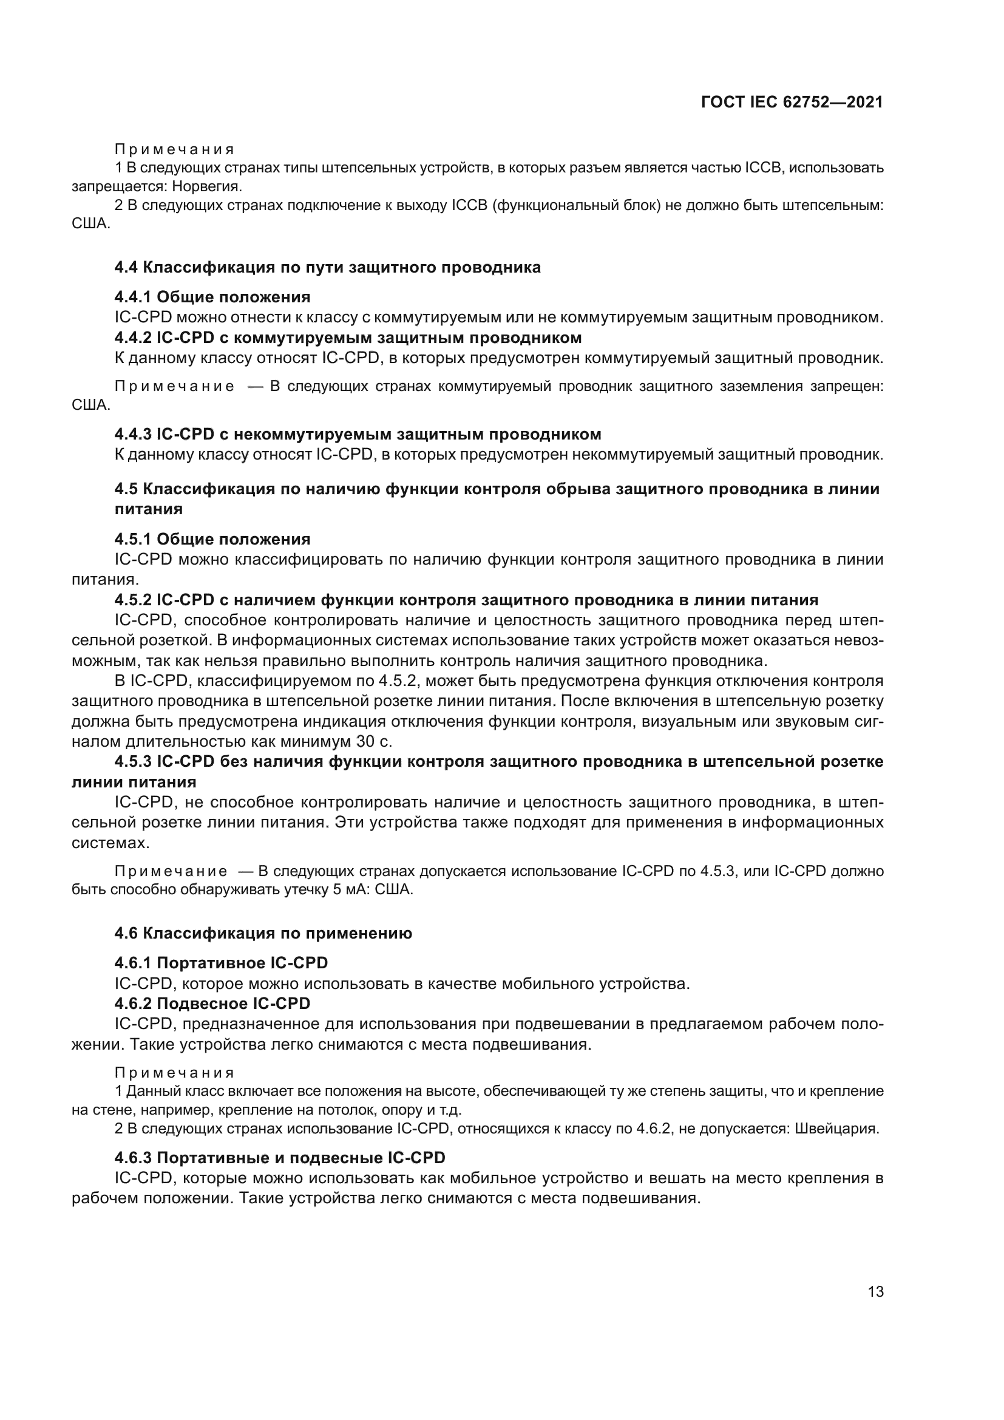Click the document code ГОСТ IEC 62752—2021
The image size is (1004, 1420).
pyautogui.click(x=792, y=102)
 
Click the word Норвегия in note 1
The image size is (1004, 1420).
pyautogui.click(x=206, y=186)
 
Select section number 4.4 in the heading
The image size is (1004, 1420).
pyautogui.click(x=127, y=267)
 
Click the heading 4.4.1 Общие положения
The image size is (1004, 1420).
pyautogui.click(x=212, y=297)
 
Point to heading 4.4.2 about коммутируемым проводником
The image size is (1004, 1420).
pyautogui.click(x=347, y=338)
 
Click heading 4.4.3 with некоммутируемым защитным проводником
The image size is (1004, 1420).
pyautogui.click(x=358, y=433)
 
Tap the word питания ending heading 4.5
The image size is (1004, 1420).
pyautogui.click(x=148, y=509)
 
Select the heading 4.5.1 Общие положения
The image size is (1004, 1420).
pyautogui.click(x=212, y=539)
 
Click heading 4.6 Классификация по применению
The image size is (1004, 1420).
pyautogui.click(x=263, y=933)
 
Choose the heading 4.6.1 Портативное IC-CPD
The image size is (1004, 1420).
pyautogui.click(x=221, y=963)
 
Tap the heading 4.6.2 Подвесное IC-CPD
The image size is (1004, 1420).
pyautogui.click(x=212, y=1003)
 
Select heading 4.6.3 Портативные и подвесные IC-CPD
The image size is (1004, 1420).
pyautogui.click(x=279, y=1158)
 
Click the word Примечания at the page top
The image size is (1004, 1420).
pyautogui.click(x=174, y=150)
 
